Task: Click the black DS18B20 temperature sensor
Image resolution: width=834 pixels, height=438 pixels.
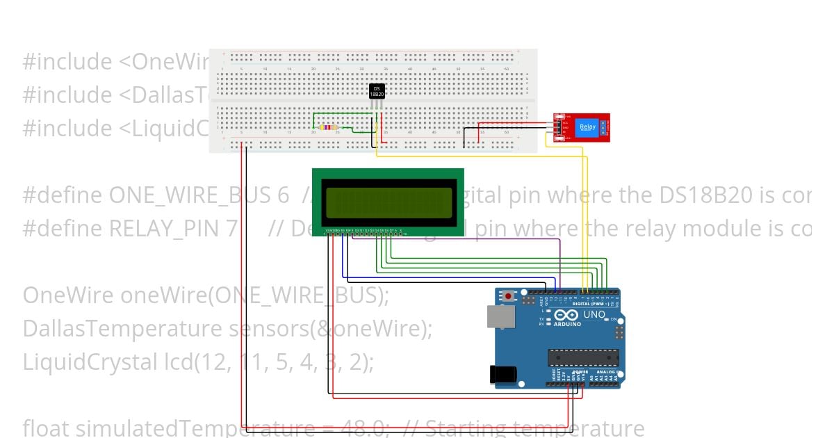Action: (377, 91)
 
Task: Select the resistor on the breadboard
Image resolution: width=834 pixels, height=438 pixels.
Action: (327, 128)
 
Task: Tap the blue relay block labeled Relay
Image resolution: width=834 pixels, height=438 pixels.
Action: (587, 128)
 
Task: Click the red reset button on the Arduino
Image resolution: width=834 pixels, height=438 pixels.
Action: (509, 296)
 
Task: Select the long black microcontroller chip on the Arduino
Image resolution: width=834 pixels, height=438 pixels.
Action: (582, 357)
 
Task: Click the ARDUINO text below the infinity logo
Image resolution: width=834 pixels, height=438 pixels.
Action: (568, 324)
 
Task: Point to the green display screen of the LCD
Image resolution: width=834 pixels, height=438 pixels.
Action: (387, 202)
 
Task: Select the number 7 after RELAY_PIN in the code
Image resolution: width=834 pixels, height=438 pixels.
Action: (231, 229)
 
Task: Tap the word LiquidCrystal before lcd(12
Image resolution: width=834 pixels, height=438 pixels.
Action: (90, 362)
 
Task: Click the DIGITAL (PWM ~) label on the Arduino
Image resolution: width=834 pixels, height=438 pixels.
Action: (589, 304)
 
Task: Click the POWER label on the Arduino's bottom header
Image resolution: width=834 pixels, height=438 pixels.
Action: (580, 372)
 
